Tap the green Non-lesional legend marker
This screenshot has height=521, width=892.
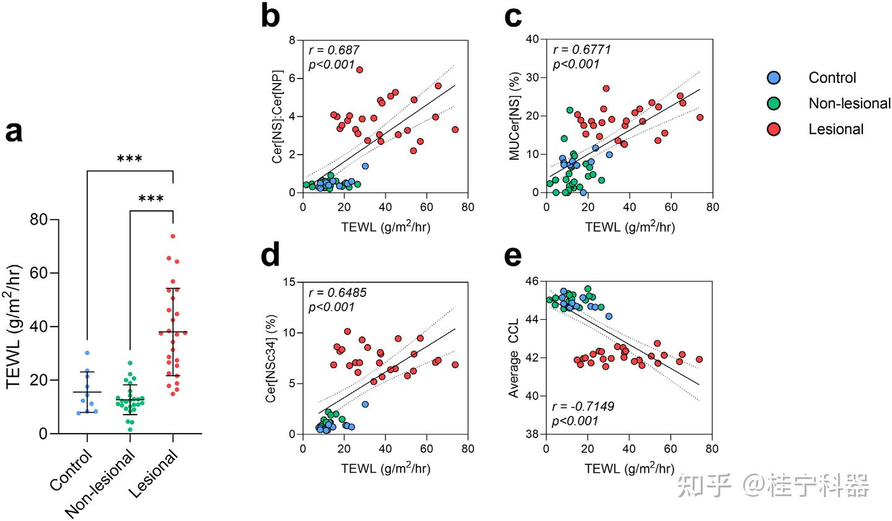774,103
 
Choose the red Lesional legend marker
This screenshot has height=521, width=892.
774,129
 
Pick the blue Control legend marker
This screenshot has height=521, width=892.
774,78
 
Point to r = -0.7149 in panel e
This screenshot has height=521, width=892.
579,407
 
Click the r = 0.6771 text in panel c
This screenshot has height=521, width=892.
581,50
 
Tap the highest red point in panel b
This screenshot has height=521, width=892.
359,69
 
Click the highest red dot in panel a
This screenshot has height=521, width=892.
173,236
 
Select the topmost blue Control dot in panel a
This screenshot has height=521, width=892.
87,353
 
